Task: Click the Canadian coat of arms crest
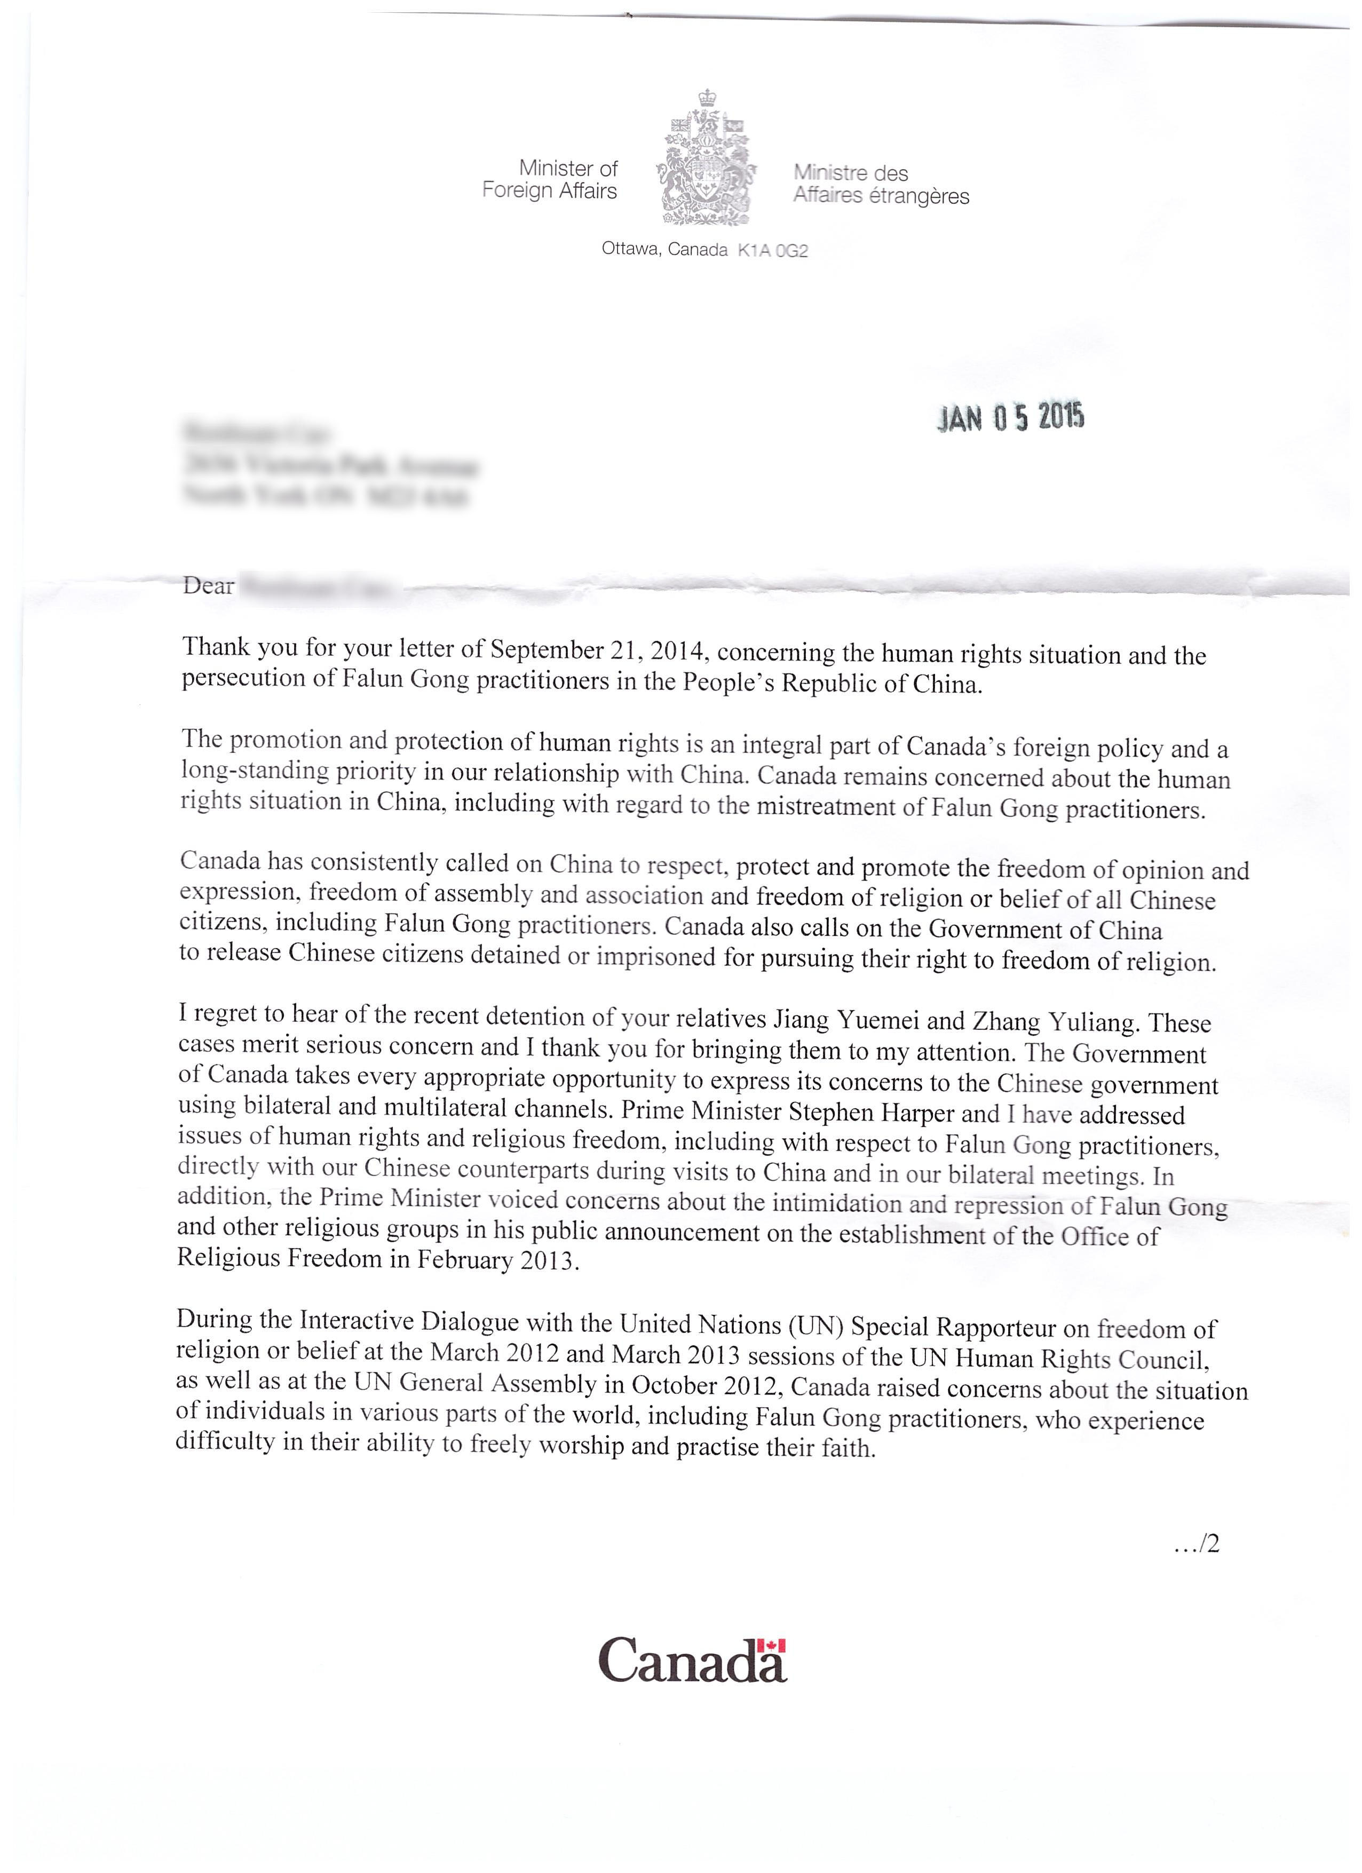tap(706, 158)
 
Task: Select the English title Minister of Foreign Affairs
tap(551, 180)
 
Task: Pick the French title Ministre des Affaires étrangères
tap(881, 184)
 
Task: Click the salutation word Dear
tap(208, 586)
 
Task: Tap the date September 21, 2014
tap(597, 650)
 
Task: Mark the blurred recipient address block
tap(330, 465)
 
